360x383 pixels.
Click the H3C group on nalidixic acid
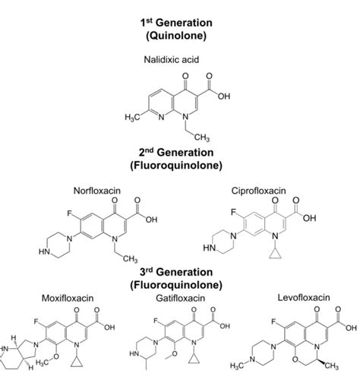(131, 119)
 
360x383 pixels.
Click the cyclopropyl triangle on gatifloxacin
(197, 375)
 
